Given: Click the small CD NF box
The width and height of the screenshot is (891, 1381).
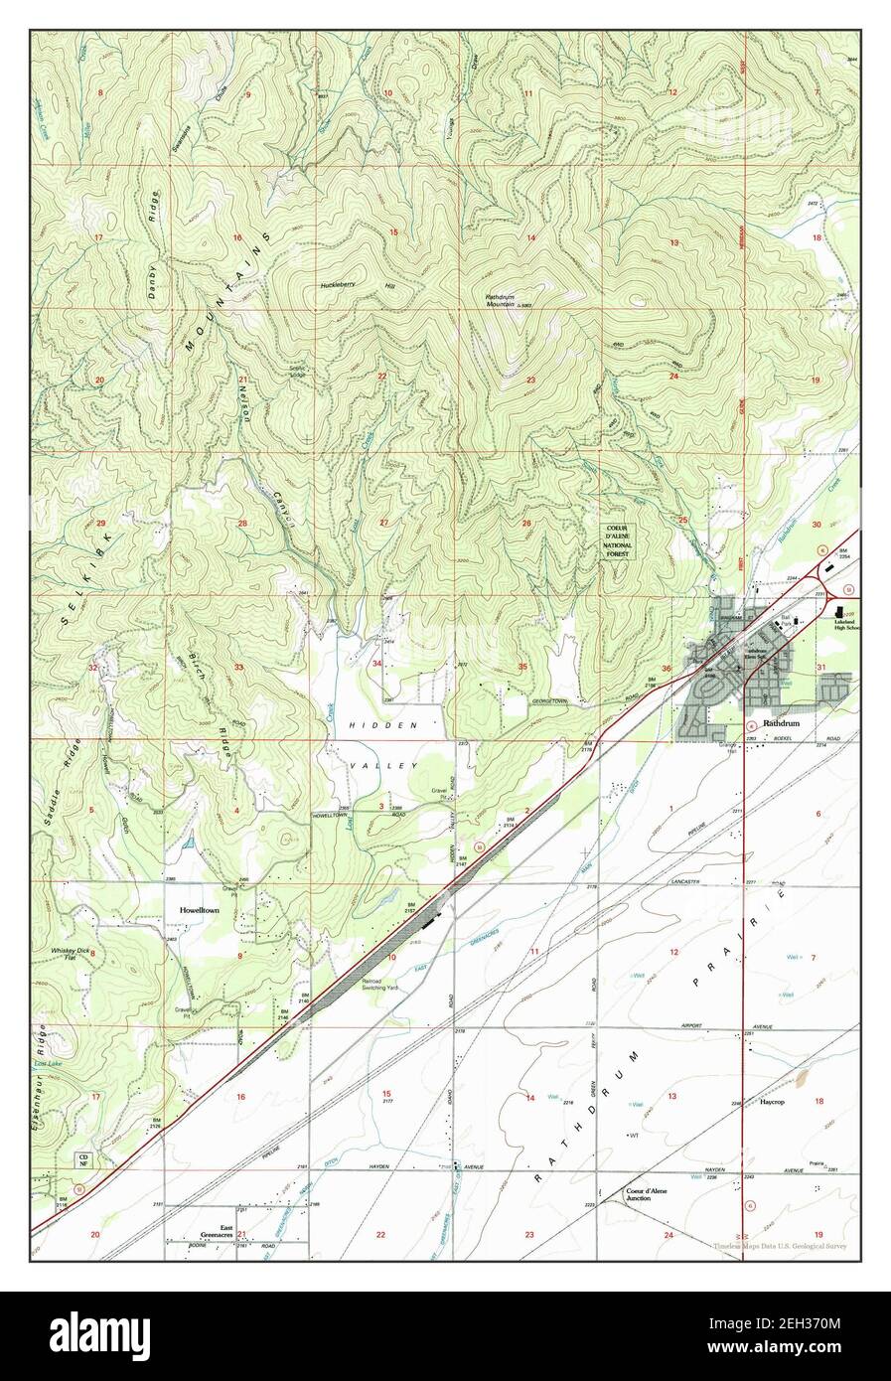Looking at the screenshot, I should click(85, 1161).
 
